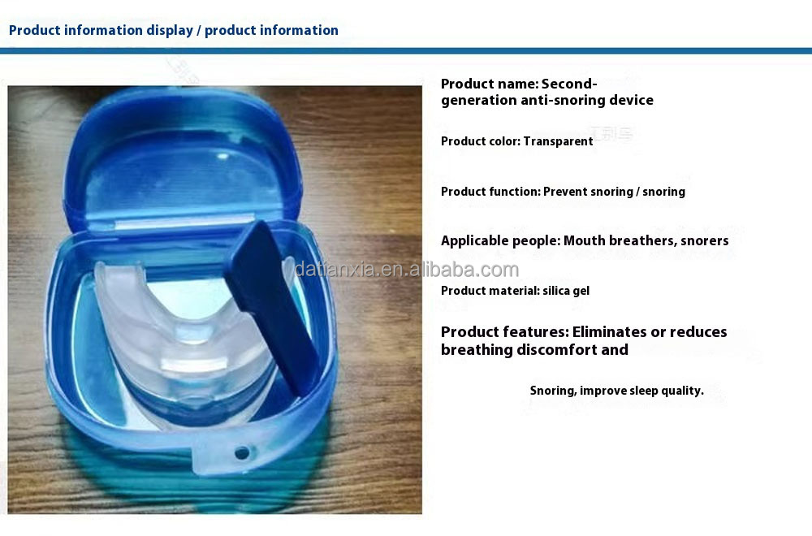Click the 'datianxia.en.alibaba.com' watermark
click(406, 270)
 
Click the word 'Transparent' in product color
click(558, 141)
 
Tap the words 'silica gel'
click(566, 291)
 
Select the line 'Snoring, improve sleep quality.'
click(616, 391)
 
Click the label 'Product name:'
click(490, 84)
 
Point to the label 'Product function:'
click(490, 192)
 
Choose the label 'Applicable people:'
click(500, 240)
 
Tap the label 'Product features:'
click(504, 332)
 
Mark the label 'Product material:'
click(490, 291)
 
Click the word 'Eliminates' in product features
click(608, 332)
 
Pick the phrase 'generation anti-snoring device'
click(546, 101)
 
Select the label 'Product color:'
click(481, 141)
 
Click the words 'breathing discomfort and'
click(534, 350)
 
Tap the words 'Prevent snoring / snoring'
click(614, 192)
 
